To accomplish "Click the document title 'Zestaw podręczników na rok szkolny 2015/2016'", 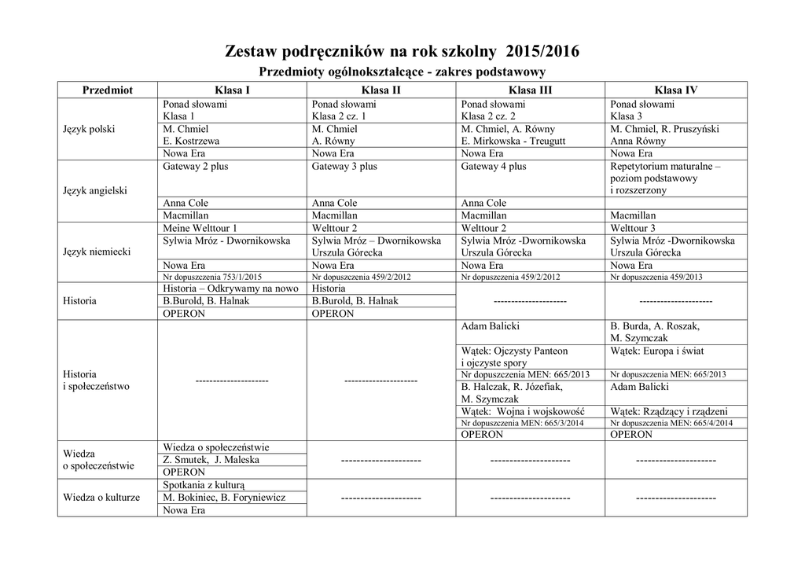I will click(x=402, y=52).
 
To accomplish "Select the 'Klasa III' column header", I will click(x=530, y=90).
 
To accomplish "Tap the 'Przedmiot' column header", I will click(x=107, y=90).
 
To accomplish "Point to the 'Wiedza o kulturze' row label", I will click(x=101, y=498).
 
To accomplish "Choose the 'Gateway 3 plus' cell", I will click(x=344, y=167).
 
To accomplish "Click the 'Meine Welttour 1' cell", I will click(x=200, y=228).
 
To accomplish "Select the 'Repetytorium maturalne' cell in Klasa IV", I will click(x=665, y=167).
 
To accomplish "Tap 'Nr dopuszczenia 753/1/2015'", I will click(x=212, y=277).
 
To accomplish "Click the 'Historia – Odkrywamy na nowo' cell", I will click(x=230, y=289).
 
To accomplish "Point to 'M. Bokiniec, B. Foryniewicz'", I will click(x=224, y=498).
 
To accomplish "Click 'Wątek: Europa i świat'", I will click(x=661, y=351).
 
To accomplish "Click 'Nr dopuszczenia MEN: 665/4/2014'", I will click(x=671, y=423).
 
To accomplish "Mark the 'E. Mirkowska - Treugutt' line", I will click(x=513, y=142).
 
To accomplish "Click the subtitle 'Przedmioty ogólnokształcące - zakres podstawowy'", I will click(x=402, y=72).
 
